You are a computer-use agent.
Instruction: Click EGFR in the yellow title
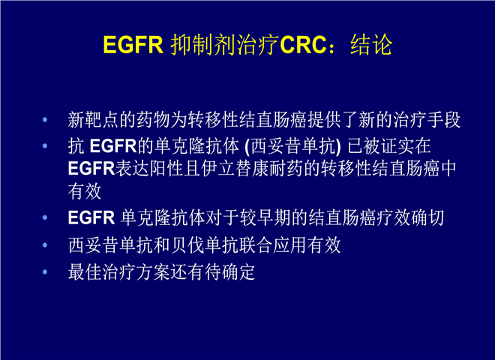coord(133,45)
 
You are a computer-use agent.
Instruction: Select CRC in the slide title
coord(303,45)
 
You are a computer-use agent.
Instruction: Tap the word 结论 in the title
coord(371,45)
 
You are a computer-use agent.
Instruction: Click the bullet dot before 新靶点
coord(45,120)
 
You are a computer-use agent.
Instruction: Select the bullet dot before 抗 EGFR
coord(45,146)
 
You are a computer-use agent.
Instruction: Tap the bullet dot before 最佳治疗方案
coord(45,272)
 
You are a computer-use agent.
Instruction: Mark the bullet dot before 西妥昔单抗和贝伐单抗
coord(45,245)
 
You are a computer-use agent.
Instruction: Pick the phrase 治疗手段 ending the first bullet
coord(427,120)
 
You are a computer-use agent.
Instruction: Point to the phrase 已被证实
coord(380,146)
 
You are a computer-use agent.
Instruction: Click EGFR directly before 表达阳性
coord(91,168)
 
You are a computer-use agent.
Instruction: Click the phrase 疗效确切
coord(410,217)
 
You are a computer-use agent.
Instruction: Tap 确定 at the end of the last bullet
coord(238,272)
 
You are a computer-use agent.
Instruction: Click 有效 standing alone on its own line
coord(85,191)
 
